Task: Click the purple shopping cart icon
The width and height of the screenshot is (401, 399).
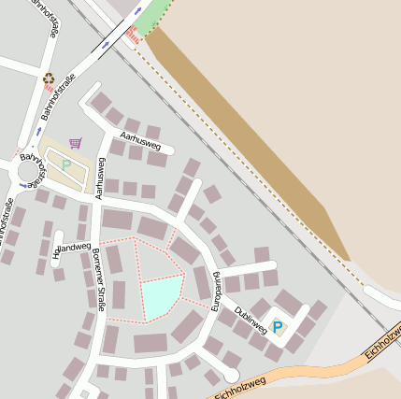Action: click(76, 143)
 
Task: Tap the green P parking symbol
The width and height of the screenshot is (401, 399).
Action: click(66, 164)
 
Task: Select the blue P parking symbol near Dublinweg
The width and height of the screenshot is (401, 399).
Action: click(277, 327)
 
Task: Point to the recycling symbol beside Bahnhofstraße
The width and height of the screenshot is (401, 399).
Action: click(48, 80)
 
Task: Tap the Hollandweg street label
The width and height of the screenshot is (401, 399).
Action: click(73, 249)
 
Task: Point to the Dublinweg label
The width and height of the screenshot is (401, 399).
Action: click(251, 321)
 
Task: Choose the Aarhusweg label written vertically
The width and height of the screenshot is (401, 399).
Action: click(98, 178)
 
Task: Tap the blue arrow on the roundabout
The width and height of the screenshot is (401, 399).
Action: click(38, 158)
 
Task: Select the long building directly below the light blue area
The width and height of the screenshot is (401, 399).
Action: click(150, 343)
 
